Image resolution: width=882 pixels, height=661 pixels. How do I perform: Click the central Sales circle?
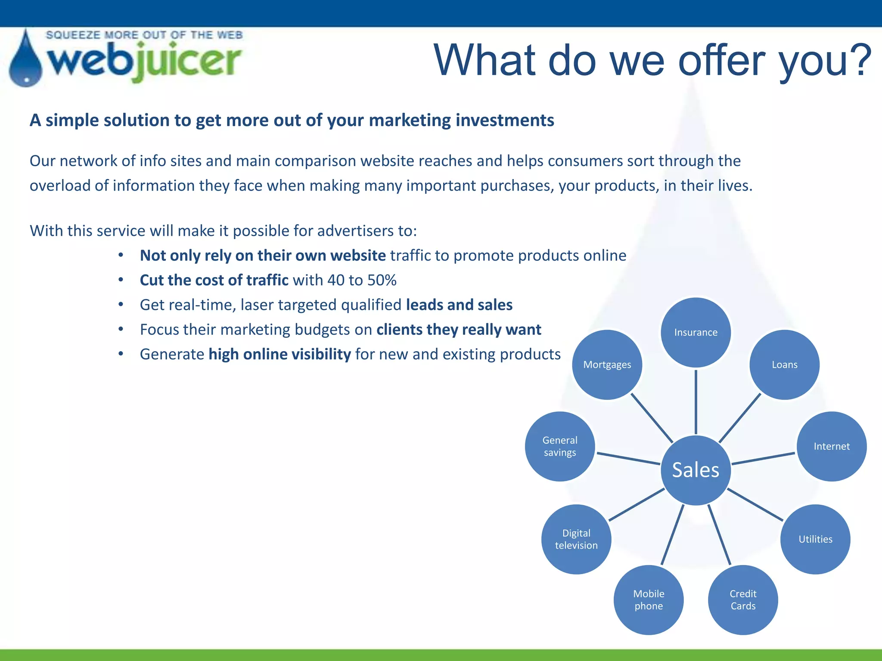tap(696, 470)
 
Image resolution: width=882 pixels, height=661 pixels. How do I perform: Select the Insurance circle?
tap(696, 332)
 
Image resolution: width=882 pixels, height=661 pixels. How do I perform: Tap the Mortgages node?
tap(607, 364)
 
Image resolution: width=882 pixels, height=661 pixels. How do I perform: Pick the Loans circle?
tap(784, 364)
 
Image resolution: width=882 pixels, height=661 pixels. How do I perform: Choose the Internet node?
tap(831, 446)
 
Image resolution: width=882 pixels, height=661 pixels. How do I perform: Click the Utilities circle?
tap(815, 539)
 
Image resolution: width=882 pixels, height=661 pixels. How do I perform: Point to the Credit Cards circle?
tap(743, 599)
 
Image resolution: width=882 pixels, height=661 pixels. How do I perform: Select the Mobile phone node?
tap(649, 599)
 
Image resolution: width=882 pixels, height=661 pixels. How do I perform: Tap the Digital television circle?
tap(576, 539)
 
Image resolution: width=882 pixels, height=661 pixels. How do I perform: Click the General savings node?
tap(560, 446)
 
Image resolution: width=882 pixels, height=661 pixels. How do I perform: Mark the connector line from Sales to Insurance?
tap(696, 401)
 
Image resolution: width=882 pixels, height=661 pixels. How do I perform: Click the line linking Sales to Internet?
tap(763, 459)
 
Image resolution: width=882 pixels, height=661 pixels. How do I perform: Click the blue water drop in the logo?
tap(26, 62)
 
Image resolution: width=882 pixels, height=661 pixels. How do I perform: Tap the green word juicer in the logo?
tap(187, 62)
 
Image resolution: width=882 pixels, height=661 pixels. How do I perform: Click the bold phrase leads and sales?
tap(459, 305)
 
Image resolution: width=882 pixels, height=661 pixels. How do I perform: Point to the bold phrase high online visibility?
tap(280, 354)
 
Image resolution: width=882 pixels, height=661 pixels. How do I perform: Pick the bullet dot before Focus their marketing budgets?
tap(121, 329)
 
